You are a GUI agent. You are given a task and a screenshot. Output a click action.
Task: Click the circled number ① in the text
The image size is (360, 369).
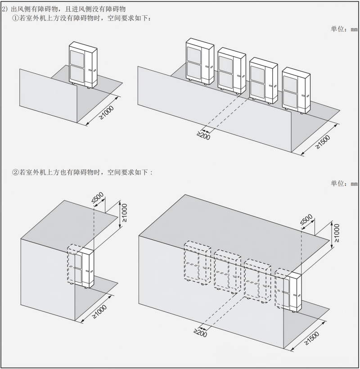click(15, 18)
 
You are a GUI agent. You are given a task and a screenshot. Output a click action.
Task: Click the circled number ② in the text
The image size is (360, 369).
click(15, 172)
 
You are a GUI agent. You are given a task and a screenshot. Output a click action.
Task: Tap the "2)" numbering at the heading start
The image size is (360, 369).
click(5, 9)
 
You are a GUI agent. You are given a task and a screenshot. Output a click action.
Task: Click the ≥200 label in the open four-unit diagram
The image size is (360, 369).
click(203, 135)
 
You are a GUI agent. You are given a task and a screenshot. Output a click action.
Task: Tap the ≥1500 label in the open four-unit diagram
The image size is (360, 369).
click(322, 142)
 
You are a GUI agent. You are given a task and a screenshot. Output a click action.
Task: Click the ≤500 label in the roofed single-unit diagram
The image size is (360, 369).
click(97, 198)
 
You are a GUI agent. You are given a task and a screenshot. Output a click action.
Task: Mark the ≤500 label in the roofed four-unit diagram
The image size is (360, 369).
click(306, 219)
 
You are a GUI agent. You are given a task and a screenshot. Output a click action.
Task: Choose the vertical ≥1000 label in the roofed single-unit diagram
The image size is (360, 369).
click(125, 213)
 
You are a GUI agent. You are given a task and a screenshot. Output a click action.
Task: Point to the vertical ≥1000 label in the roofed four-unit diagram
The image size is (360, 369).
click(337, 233)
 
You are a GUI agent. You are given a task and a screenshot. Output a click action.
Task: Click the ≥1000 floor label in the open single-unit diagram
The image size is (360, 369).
click(106, 112)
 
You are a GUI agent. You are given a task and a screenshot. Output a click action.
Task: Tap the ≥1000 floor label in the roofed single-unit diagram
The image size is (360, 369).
click(99, 311)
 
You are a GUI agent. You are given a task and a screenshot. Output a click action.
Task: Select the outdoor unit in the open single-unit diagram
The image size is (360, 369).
click(83, 65)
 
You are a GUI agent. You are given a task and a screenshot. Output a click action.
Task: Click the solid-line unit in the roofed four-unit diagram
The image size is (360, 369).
click(292, 292)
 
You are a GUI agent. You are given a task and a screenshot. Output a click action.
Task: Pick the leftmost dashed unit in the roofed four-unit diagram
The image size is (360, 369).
click(198, 263)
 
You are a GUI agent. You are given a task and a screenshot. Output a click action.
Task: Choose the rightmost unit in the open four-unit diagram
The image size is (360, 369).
click(296, 90)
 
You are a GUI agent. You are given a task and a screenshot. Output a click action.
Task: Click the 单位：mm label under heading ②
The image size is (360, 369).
click(344, 183)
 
